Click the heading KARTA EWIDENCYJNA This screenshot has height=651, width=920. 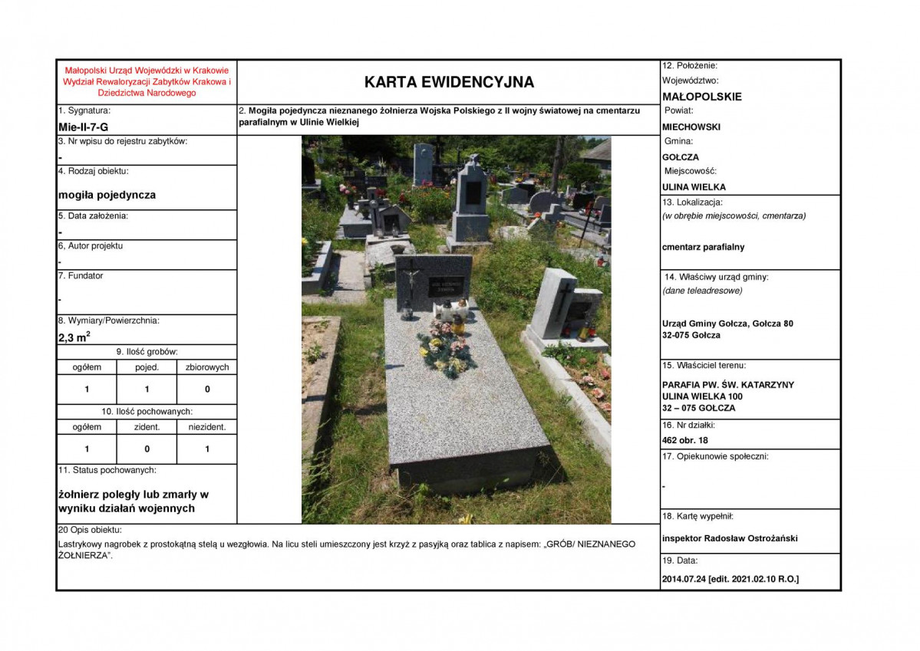pyautogui.click(x=449, y=82)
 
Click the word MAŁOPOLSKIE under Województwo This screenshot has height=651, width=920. pyautogui.click(x=701, y=97)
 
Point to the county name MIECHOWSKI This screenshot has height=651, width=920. pyautogui.click(x=691, y=127)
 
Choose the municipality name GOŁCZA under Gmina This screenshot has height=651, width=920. pyautogui.click(x=680, y=157)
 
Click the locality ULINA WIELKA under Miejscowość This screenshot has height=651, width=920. pyautogui.click(x=694, y=187)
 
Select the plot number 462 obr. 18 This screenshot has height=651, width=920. pyautogui.click(x=684, y=440)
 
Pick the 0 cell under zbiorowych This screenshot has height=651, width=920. pyautogui.click(x=207, y=390)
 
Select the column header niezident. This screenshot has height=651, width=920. pyautogui.click(x=207, y=427)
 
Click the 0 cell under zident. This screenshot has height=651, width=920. pyautogui.click(x=147, y=449)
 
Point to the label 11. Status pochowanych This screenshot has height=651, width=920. pyautogui.click(x=107, y=469)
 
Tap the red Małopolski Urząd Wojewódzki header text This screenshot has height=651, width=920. pyautogui.click(x=147, y=81)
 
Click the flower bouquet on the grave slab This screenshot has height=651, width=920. pyautogui.click(x=447, y=349)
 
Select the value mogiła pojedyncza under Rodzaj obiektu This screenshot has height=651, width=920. pyautogui.click(x=107, y=195)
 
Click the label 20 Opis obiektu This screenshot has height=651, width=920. pyautogui.click(x=91, y=530)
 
